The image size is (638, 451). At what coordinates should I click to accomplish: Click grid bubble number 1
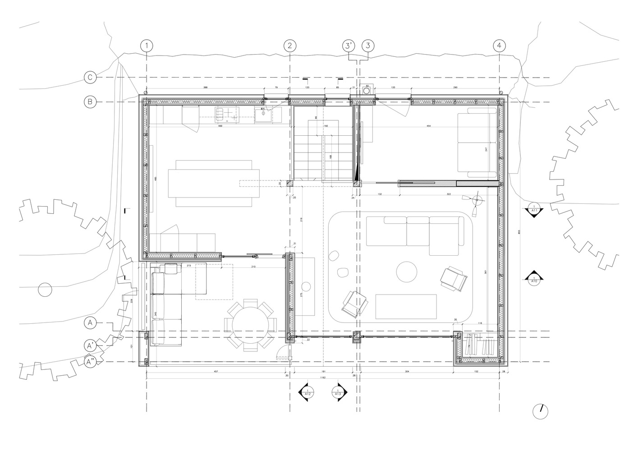coord(147,46)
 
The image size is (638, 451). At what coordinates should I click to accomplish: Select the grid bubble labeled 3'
coord(348,46)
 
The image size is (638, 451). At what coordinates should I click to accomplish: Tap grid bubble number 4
coord(499,46)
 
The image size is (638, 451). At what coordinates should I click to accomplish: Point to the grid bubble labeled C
coord(90,78)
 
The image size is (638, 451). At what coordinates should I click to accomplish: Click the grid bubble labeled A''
coord(91,362)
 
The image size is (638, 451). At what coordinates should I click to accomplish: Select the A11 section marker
coord(534,211)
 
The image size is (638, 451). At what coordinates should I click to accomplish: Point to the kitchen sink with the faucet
coord(262,115)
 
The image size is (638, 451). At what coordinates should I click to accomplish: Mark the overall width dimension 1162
coord(323,377)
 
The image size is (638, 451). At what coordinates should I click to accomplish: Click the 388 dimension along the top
coord(205,87)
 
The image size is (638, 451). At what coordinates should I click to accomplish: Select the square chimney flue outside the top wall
coord(367,91)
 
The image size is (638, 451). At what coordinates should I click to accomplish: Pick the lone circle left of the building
coord(45,290)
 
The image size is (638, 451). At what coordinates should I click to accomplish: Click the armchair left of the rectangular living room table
coord(354,304)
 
